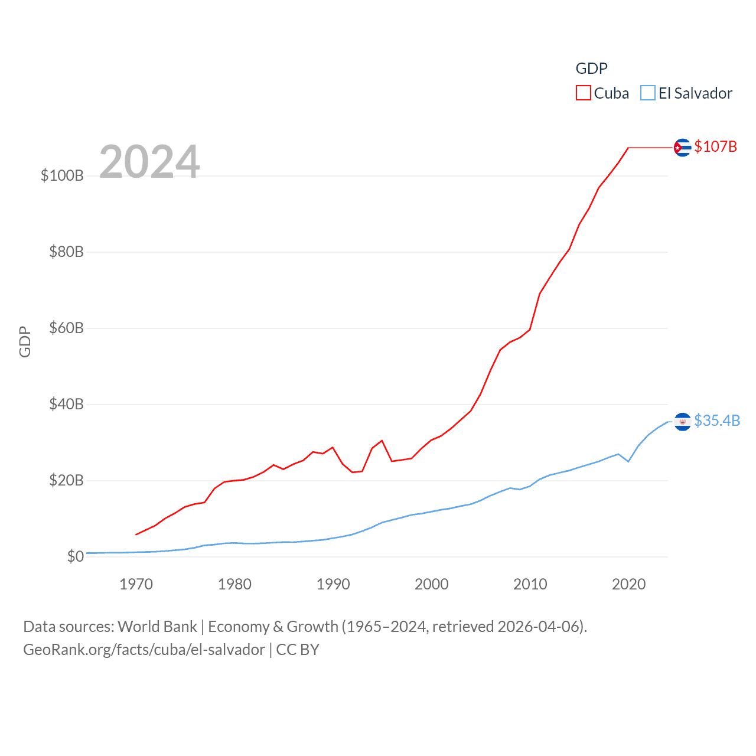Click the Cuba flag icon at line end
(x=682, y=147)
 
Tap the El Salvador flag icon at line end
(x=682, y=422)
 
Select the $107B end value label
(x=715, y=146)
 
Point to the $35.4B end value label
(x=717, y=421)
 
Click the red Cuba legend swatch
(x=584, y=93)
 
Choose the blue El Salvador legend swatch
(x=648, y=93)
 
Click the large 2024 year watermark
(x=149, y=162)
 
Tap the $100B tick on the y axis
(x=62, y=176)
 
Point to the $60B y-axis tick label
(x=66, y=328)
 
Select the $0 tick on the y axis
(x=76, y=557)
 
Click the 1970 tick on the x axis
(x=136, y=585)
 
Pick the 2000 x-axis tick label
(x=432, y=585)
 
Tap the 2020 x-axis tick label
(x=628, y=585)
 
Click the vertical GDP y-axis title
(x=25, y=341)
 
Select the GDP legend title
(x=591, y=69)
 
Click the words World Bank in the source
(x=157, y=627)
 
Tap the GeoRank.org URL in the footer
(x=144, y=650)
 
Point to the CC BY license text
(x=298, y=650)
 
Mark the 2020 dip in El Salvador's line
(x=628, y=461)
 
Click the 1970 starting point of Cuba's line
(x=136, y=535)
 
